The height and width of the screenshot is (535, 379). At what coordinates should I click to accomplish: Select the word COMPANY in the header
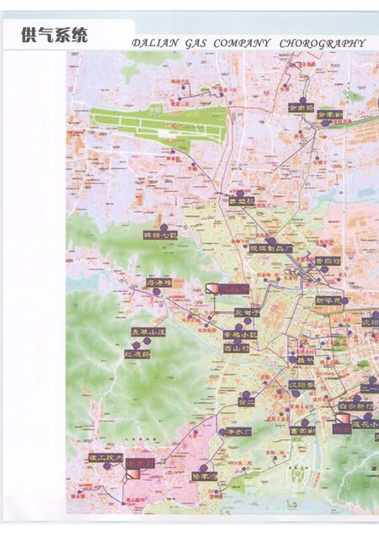point(243,43)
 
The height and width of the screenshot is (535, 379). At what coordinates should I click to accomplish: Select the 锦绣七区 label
point(159,235)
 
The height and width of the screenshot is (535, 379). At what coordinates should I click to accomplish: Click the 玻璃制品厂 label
point(270,248)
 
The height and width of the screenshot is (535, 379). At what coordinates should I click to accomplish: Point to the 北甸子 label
point(247,312)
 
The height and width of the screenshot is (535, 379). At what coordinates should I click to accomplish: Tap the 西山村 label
point(237,347)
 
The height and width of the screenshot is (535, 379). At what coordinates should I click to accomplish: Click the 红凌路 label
point(136,354)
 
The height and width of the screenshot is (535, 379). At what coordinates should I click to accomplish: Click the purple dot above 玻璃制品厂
point(269,240)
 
